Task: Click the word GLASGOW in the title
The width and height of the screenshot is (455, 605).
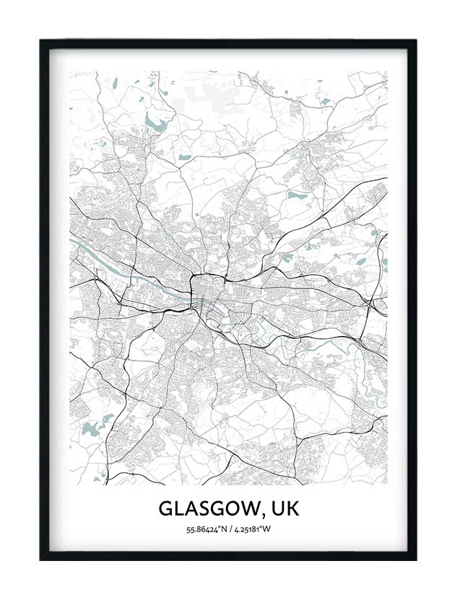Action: [x=204, y=509]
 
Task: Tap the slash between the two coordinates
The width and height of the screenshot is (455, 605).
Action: [x=229, y=531]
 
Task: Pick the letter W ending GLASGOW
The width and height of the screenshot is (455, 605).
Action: [x=245, y=509]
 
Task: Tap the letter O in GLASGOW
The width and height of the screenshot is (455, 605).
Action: [x=230, y=509]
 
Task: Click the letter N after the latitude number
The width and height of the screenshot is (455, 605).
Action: [x=222, y=531]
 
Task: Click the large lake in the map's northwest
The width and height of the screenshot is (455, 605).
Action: [x=153, y=121]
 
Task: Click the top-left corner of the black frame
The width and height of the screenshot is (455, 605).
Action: [x=41, y=41]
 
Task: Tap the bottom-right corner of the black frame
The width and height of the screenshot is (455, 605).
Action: [x=415, y=559]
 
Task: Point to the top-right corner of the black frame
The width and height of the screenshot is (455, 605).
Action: [x=415, y=41]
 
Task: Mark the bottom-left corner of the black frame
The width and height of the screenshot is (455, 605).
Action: [x=41, y=559]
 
